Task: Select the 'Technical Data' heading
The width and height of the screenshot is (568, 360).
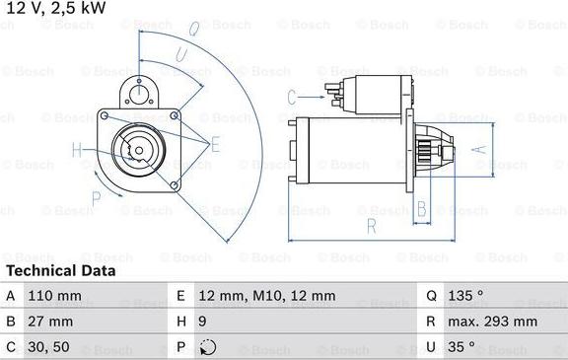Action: point(60,270)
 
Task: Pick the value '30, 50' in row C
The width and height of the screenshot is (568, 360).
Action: point(48,347)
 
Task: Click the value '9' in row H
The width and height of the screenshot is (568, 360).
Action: point(202,322)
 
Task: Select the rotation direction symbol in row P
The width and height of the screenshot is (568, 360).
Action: point(205,347)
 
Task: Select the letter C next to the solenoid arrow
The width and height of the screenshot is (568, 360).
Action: point(292,96)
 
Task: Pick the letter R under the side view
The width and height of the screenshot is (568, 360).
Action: point(371,227)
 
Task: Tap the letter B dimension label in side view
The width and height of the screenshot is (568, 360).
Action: point(421,208)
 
